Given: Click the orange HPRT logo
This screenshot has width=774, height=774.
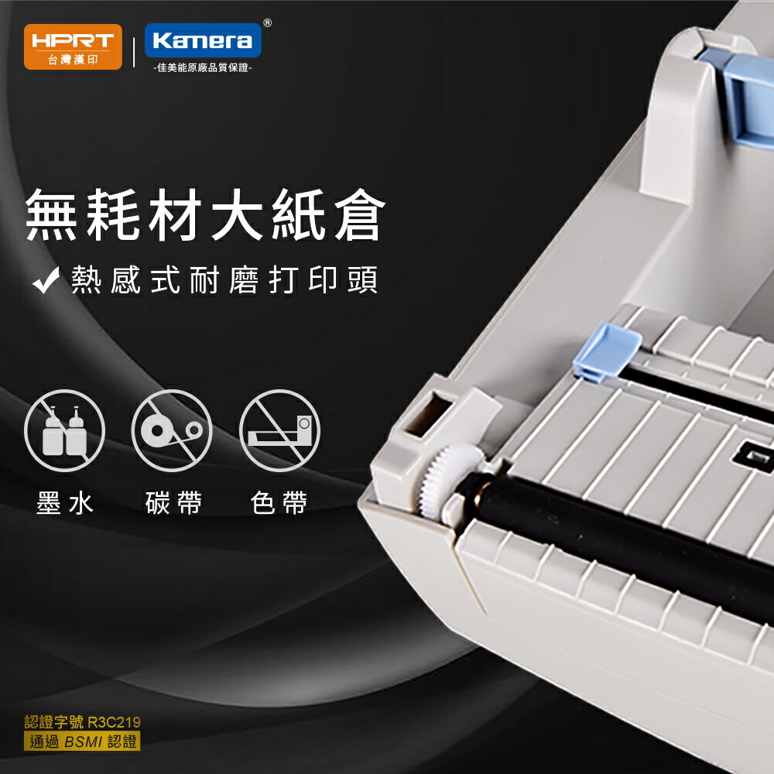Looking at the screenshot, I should pos(73,46).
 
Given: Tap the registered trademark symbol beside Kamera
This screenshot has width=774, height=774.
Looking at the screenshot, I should pos(267,23).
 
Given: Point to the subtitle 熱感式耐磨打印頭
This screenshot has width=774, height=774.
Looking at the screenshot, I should pos(224,281).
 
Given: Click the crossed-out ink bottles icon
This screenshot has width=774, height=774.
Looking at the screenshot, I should pos(64,430).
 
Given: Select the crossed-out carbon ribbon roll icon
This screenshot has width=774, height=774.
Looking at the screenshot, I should pos(172,430).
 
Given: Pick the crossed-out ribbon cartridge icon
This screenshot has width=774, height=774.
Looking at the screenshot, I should pos(279,430).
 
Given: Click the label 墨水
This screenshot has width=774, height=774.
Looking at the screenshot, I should pos(65,503).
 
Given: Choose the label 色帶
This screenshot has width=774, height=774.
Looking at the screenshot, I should pos(279,503).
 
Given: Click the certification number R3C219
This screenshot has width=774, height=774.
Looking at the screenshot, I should pos(115,723).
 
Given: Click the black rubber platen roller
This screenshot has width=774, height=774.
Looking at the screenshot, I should pos(619,534).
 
